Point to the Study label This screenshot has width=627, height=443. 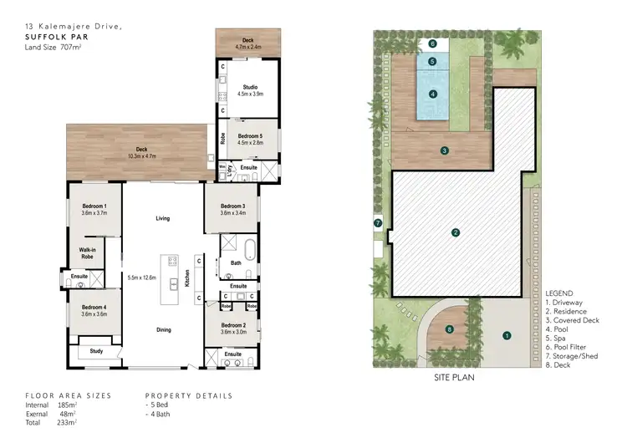click(95, 351)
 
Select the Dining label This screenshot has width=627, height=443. click(163, 329)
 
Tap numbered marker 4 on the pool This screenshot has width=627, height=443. click(432, 94)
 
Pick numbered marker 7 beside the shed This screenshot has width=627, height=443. click(378, 223)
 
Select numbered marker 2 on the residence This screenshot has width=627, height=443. click(456, 232)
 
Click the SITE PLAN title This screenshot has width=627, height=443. click(455, 377)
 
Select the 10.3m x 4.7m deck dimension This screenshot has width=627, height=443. click(141, 156)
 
